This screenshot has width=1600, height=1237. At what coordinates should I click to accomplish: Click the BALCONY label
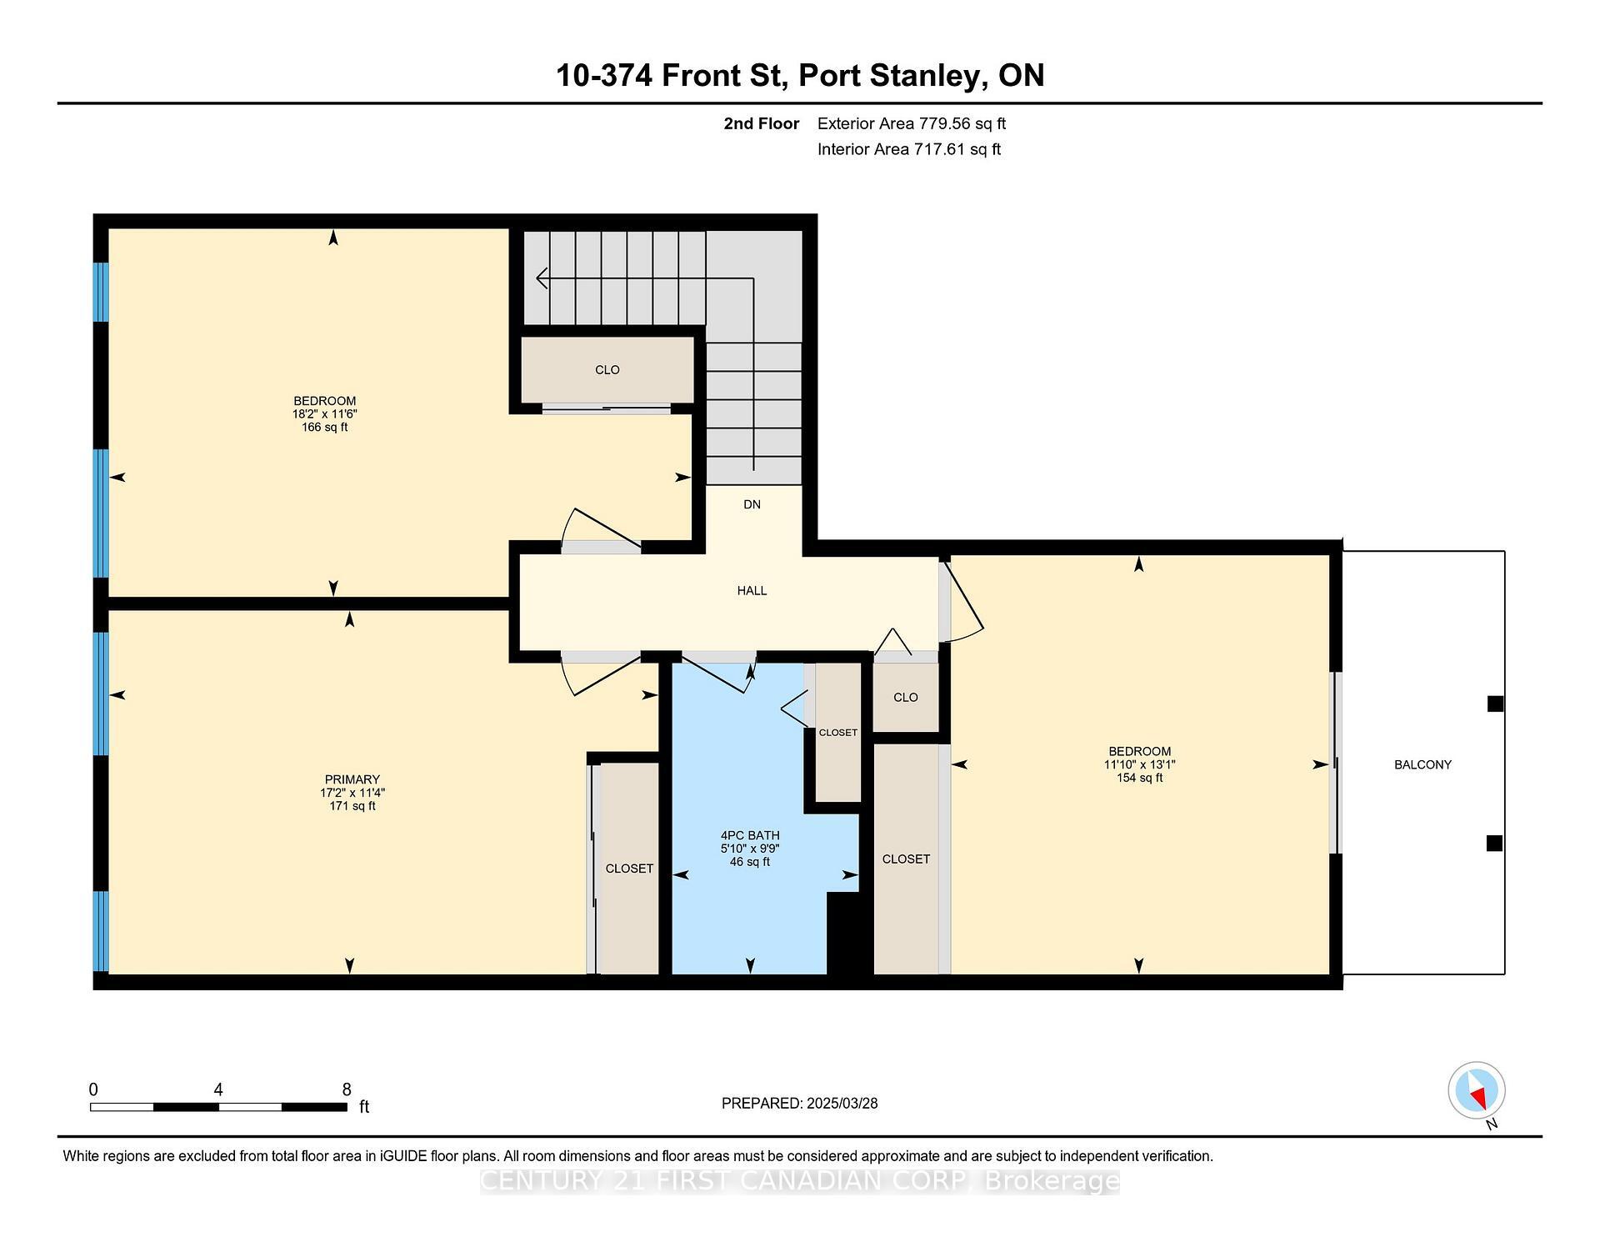[x=1422, y=764]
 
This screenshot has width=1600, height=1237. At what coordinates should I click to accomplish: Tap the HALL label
[x=752, y=590]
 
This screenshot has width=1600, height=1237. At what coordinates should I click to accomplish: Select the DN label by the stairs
[x=752, y=504]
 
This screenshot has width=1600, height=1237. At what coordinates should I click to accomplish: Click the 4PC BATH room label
[x=750, y=835]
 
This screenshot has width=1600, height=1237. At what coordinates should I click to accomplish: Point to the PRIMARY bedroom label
[x=352, y=779]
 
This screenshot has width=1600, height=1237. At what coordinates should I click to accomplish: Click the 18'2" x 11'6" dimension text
[x=325, y=413]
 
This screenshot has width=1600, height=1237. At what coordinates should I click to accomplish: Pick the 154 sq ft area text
[x=1139, y=778]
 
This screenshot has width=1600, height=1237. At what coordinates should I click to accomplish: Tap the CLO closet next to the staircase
[x=607, y=370]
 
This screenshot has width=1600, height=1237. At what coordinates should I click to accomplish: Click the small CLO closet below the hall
[x=905, y=697]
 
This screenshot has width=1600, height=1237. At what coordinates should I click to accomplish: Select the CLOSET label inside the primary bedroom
[x=629, y=868]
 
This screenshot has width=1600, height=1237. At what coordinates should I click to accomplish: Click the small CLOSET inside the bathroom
[x=837, y=733]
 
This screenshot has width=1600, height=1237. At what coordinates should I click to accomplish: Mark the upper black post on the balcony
[x=1495, y=704]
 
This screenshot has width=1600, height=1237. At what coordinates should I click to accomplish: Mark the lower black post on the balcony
[x=1494, y=843]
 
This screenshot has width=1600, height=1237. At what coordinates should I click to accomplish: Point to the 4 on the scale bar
[x=218, y=1089]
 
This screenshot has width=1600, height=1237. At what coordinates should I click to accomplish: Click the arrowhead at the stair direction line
[x=542, y=278]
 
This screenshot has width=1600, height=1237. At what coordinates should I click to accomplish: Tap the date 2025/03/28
[x=842, y=1103]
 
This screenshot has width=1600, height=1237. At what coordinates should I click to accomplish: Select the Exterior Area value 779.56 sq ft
[x=962, y=123]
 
